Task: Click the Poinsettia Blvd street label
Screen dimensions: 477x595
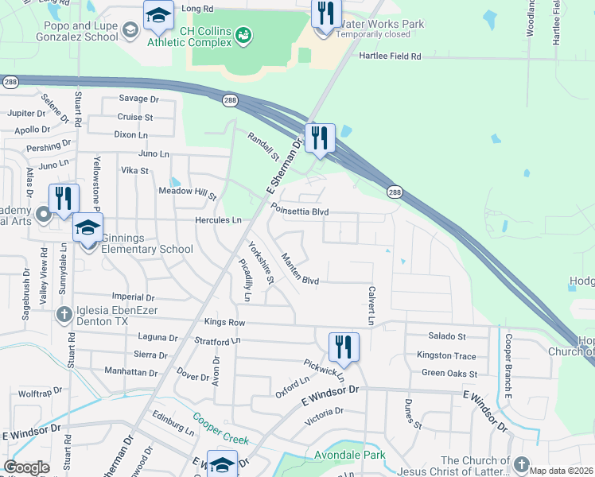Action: click(x=299, y=211)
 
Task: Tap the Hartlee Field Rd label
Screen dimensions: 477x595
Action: click(x=390, y=57)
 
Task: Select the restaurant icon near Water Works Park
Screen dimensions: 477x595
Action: click(x=325, y=14)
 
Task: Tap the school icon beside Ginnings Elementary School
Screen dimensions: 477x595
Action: click(x=88, y=229)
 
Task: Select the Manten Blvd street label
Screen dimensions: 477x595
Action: click(x=300, y=270)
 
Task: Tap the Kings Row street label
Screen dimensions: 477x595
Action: click(x=224, y=323)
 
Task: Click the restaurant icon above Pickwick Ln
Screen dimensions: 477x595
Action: click(x=344, y=347)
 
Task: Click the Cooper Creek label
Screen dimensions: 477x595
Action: click(x=221, y=429)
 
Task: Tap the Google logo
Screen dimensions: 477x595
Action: click(x=26, y=467)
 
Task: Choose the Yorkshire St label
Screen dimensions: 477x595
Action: click(x=261, y=263)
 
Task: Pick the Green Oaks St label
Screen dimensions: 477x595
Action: click(x=449, y=373)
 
